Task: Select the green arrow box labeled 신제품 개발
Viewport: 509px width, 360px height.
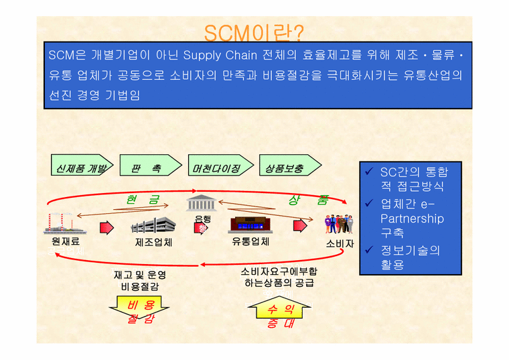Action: point(79,165)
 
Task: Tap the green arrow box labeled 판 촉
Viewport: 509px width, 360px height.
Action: point(149,165)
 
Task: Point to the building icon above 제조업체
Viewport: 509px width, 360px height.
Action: point(153,227)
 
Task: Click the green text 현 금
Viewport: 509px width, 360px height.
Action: point(143,200)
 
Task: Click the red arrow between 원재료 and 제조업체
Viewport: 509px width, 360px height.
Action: point(106,227)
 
